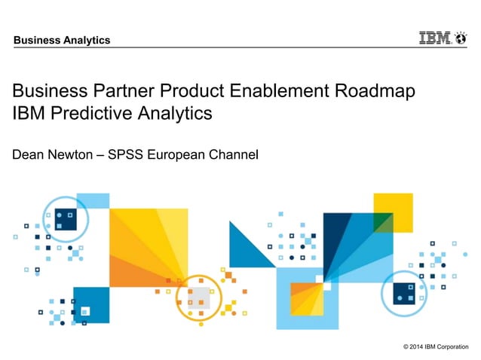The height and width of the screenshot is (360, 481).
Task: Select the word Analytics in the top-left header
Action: point(87,40)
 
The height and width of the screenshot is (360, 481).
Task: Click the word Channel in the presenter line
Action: point(237,155)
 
